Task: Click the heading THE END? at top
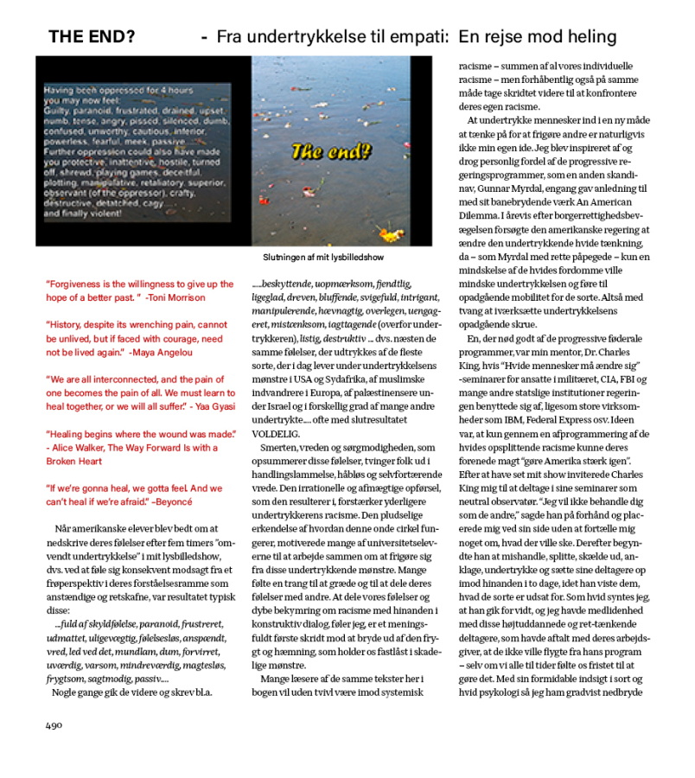pyautogui.click(x=91, y=37)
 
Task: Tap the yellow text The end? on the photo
pyautogui.click(x=331, y=153)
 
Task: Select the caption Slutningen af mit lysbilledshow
pyautogui.click(x=323, y=258)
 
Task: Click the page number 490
pyautogui.click(x=55, y=724)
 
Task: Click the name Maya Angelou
pyautogui.click(x=165, y=352)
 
